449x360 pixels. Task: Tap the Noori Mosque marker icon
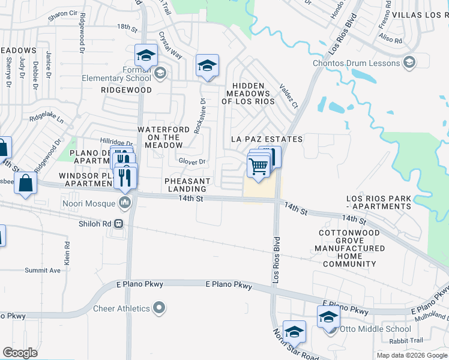click(x=125, y=202)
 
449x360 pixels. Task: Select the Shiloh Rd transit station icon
click(x=119, y=223)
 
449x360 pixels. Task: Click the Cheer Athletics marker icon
click(x=159, y=308)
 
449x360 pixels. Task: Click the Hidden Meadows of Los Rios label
click(x=248, y=94)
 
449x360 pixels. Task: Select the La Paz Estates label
click(x=267, y=139)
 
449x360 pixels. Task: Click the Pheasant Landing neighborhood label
click(x=188, y=185)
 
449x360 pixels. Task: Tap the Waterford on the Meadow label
click(x=160, y=137)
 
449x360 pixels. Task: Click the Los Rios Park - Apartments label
click(x=379, y=202)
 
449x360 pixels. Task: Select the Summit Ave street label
click(x=43, y=271)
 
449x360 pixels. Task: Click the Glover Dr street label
click(x=192, y=161)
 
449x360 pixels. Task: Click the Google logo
click(x=20, y=353)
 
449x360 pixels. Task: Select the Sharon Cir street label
click(x=63, y=13)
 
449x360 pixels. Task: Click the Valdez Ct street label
click(x=288, y=96)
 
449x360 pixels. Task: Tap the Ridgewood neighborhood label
click(x=126, y=89)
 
